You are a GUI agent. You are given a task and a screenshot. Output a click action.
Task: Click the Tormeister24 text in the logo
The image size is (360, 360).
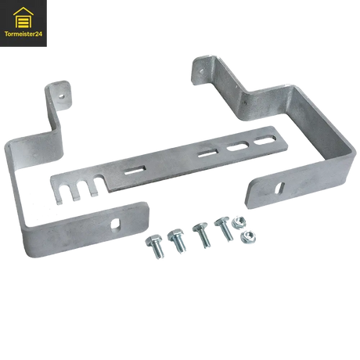point(24,34)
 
